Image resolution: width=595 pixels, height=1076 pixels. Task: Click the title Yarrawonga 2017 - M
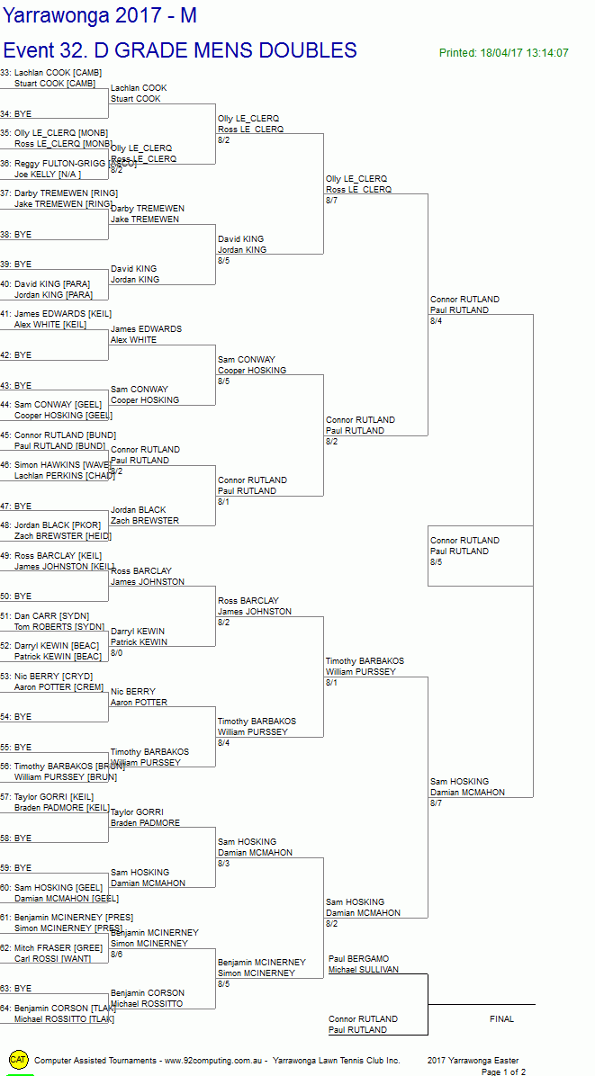point(99,15)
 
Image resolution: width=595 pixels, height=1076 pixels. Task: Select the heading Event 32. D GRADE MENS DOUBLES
point(180,50)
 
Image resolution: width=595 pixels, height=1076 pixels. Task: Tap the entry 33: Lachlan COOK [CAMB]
point(51,73)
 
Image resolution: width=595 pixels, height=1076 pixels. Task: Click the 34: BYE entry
point(16,114)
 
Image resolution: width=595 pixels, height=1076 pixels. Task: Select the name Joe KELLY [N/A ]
point(47,175)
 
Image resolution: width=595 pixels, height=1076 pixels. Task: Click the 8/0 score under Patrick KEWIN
point(116,653)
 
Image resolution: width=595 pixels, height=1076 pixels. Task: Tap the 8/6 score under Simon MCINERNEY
point(116,955)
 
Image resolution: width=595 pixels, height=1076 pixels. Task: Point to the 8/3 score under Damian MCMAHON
point(223,864)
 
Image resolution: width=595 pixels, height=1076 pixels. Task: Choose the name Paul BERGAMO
point(359,959)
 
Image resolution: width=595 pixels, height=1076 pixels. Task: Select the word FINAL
point(501,1019)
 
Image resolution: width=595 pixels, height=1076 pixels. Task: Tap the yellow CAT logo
point(19,1060)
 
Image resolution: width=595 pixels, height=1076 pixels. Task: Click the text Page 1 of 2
point(503,1072)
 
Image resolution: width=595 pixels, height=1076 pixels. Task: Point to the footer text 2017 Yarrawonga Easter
point(473,1061)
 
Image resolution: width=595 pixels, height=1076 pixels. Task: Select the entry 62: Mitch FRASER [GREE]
point(51,947)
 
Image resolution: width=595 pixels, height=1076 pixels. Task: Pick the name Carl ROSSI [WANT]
point(52,958)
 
